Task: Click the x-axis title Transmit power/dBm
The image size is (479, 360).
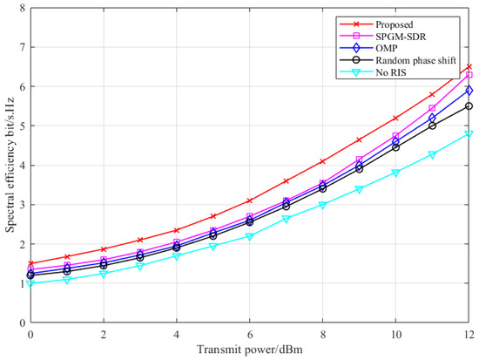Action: click(x=250, y=350)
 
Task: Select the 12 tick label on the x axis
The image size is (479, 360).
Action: click(x=469, y=334)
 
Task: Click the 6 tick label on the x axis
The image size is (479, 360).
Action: click(x=250, y=334)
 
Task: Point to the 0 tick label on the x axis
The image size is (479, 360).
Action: click(x=30, y=334)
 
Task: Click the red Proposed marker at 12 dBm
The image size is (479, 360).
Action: click(x=469, y=67)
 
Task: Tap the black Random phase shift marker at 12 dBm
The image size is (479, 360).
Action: click(x=469, y=106)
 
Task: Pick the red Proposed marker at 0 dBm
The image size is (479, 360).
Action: click(x=30, y=263)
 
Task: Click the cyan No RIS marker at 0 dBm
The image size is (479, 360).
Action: click(x=30, y=283)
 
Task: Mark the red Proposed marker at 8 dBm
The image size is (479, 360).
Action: click(x=323, y=161)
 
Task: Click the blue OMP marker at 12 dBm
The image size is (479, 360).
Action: click(x=469, y=91)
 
